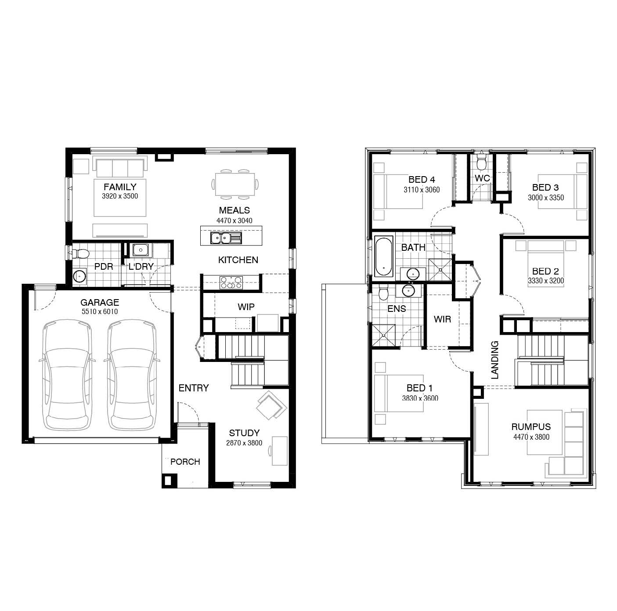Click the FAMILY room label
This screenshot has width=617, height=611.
[x=120, y=187]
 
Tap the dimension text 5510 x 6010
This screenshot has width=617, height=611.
[x=100, y=311]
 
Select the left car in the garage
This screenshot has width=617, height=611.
[x=67, y=375]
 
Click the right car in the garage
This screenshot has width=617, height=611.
[x=132, y=375]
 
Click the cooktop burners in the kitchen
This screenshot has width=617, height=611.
[x=231, y=282]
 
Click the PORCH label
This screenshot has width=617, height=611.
[x=185, y=462]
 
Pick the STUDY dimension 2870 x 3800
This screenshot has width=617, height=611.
[x=244, y=443]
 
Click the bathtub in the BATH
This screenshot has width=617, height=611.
[x=383, y=257]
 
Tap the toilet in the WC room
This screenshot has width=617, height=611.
[x=481, y=163]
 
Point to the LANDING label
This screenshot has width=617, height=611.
[x=494, y=360]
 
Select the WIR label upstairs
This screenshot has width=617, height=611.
[x=442, y=319]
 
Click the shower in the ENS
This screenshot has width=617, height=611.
[x=383, y=335]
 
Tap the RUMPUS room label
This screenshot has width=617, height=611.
[x=531, y=427]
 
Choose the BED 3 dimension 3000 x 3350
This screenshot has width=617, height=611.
[x=545, y=198]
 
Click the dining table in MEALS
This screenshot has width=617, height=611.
[x=235, y=184]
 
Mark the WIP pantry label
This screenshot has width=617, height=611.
[x=246, y=307]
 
